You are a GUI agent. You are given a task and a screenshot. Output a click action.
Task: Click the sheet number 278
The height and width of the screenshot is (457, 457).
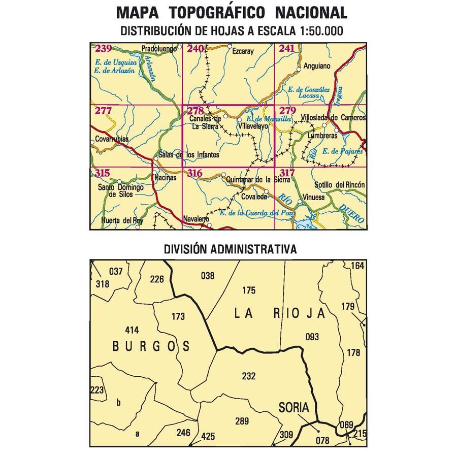point(195,111)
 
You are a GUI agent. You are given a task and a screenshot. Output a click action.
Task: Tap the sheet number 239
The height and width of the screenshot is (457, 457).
point(104,49)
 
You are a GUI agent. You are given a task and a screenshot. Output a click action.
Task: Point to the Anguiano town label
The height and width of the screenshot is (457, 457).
point(316,66)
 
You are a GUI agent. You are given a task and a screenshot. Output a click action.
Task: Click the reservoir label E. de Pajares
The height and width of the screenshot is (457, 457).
point(346,151)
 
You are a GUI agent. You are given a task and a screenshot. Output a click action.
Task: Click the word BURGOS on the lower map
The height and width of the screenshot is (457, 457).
point(151,346)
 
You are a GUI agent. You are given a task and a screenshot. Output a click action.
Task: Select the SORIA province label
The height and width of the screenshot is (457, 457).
point(293,407)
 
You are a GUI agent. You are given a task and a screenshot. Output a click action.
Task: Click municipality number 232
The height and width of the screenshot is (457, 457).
point(248,376)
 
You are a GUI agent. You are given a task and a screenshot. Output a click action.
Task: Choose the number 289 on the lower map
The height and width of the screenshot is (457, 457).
point(242,421)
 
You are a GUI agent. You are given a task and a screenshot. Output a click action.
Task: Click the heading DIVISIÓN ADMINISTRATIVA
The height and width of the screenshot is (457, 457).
point(230,249)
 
